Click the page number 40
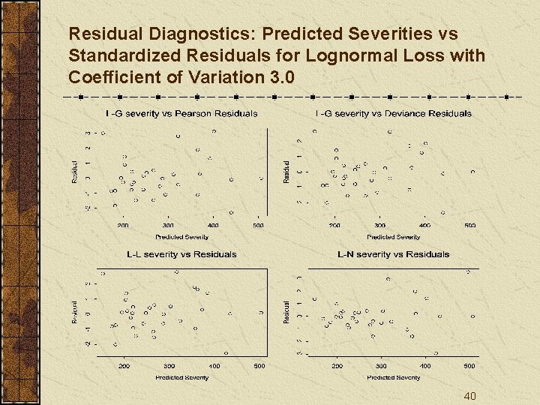pos(469,396)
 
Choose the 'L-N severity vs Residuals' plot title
pos(394,254)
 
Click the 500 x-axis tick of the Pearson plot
pos(258,225)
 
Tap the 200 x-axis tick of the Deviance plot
pos(334,225)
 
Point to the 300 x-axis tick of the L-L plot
pos(169,366)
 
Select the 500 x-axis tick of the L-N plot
pos(469,366)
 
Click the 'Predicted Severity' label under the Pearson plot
pos(181,237)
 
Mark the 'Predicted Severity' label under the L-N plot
pos(394,378)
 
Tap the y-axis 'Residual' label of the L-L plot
pos(74,312)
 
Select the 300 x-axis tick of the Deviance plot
pos(380,225)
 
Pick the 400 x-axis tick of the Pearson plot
pos(214,225)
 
